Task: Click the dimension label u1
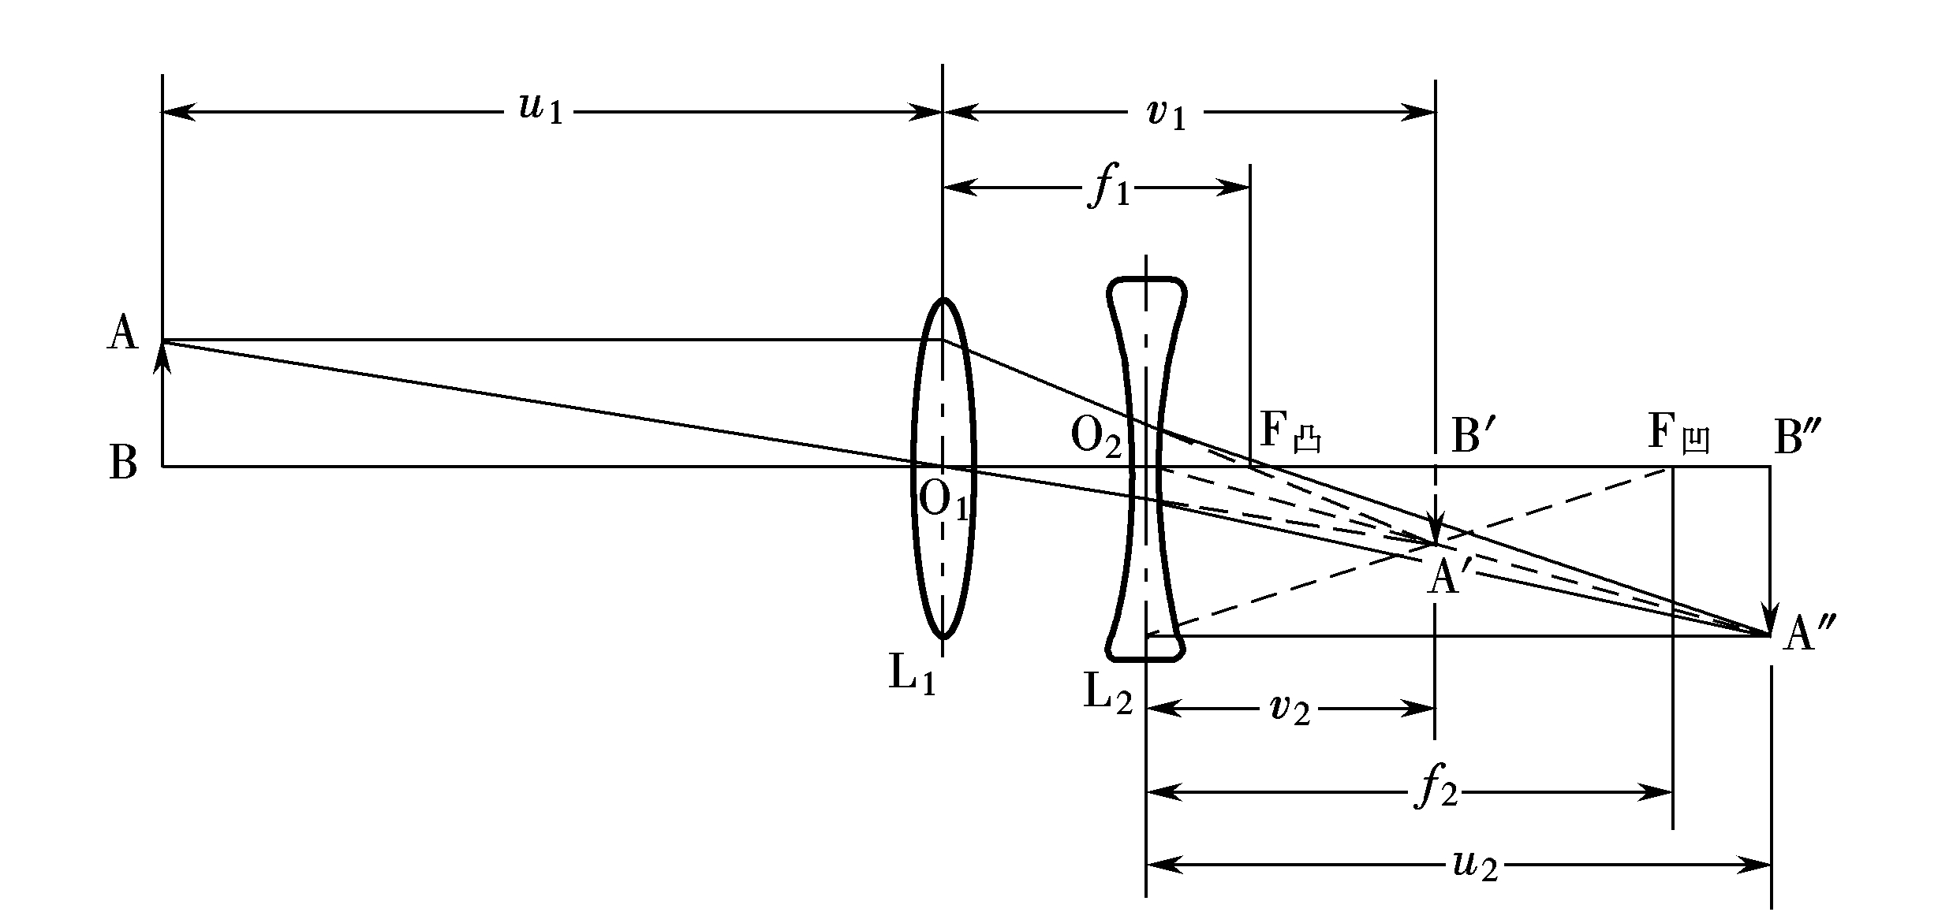(x=541, y=110)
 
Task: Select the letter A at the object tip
(x=122, y=333)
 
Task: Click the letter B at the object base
(x=123, y=463)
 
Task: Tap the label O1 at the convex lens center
(x=944, y=501)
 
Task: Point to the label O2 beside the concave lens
(x=1096, y=436)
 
